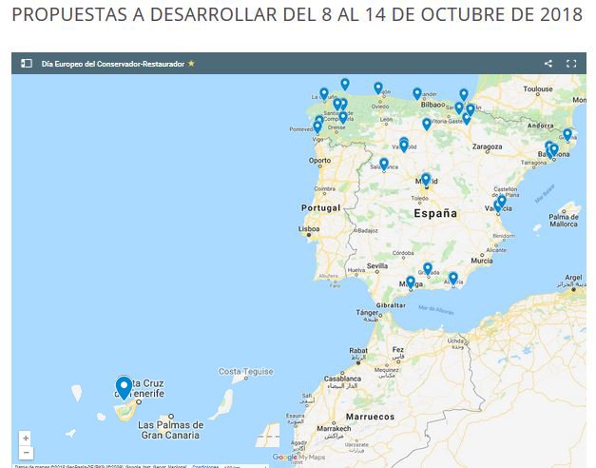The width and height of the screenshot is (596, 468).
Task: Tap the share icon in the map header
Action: tap(548, 64)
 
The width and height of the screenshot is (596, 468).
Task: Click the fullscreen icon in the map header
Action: tap(571, 64)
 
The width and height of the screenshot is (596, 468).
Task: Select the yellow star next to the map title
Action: tap(191, 64)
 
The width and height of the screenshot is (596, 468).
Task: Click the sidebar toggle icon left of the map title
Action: tap(27, 64)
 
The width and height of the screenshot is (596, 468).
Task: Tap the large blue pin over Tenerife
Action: tap(123, 387)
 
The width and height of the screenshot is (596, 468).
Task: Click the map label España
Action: tap(442, 214)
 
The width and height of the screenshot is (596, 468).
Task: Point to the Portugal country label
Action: tap(320, 208)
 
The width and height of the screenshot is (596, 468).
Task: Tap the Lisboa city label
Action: tap(309, 229)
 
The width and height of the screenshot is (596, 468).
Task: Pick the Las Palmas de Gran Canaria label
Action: tap(171, 430)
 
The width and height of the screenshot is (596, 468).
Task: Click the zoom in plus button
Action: tap(26, 439)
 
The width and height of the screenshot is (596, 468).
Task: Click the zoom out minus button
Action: tap(26, 453)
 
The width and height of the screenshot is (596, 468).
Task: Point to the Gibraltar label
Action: tap(395, 304)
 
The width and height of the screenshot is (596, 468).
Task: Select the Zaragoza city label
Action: tap(486, 146)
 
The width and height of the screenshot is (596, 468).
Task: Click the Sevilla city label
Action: tap(377, 266)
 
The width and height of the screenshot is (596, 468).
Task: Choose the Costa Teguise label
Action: tap(246, 372)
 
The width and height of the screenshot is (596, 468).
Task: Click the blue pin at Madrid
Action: tap(426, 179)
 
